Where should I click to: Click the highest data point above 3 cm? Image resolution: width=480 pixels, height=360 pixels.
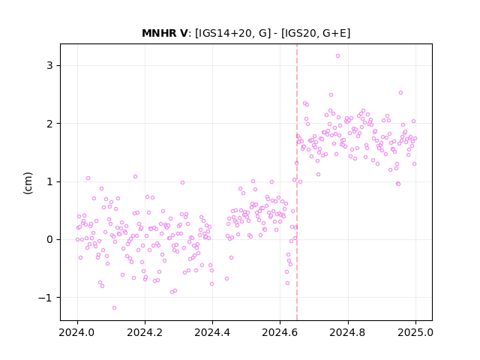tap(337, 55)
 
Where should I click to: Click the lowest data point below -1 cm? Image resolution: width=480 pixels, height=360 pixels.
tap(114, 307)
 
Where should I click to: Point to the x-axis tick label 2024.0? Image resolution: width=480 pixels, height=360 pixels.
tap(77, 332)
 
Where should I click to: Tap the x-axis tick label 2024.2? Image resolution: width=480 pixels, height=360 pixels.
tap(145, 332)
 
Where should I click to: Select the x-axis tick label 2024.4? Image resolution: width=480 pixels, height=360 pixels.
tap(212, 332)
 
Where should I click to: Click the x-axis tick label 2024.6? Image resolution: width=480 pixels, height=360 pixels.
tap(280, 332)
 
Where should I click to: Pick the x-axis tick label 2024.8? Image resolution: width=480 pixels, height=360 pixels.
tap(348, 332)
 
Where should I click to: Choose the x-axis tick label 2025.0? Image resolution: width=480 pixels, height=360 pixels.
tap(415, 332)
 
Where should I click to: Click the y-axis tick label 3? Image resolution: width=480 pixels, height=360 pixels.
tap(49, 65)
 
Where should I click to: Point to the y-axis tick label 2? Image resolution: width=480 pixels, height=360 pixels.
tap(49, 124)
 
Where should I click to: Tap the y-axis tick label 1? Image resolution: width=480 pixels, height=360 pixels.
tap(49, 181)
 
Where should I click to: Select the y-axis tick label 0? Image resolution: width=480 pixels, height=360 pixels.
tap(49, 240)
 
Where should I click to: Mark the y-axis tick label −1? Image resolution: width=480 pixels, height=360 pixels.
tap(45, 298)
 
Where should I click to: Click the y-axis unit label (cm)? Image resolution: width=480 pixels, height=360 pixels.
tap(28, 183)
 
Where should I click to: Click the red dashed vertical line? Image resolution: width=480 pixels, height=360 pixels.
tap(297, 182)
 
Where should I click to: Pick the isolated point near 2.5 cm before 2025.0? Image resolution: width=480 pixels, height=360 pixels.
tap(400, 92)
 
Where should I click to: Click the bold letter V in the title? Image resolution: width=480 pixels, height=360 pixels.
tap(183, 33)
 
